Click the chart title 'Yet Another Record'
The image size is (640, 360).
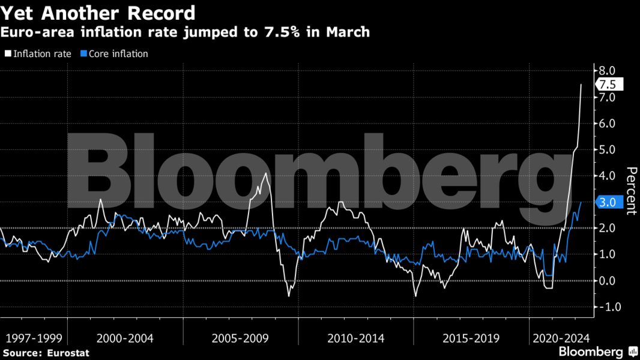pos(98,13)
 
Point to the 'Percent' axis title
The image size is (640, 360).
pos(631,191)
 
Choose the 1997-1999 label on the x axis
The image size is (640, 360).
pos(31,338)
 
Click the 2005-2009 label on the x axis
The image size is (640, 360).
pos(240,338)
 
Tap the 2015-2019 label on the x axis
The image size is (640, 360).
pos(471,338)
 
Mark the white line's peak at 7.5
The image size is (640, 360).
pos(581,85)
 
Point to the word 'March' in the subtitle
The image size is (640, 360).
pos(348,32)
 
